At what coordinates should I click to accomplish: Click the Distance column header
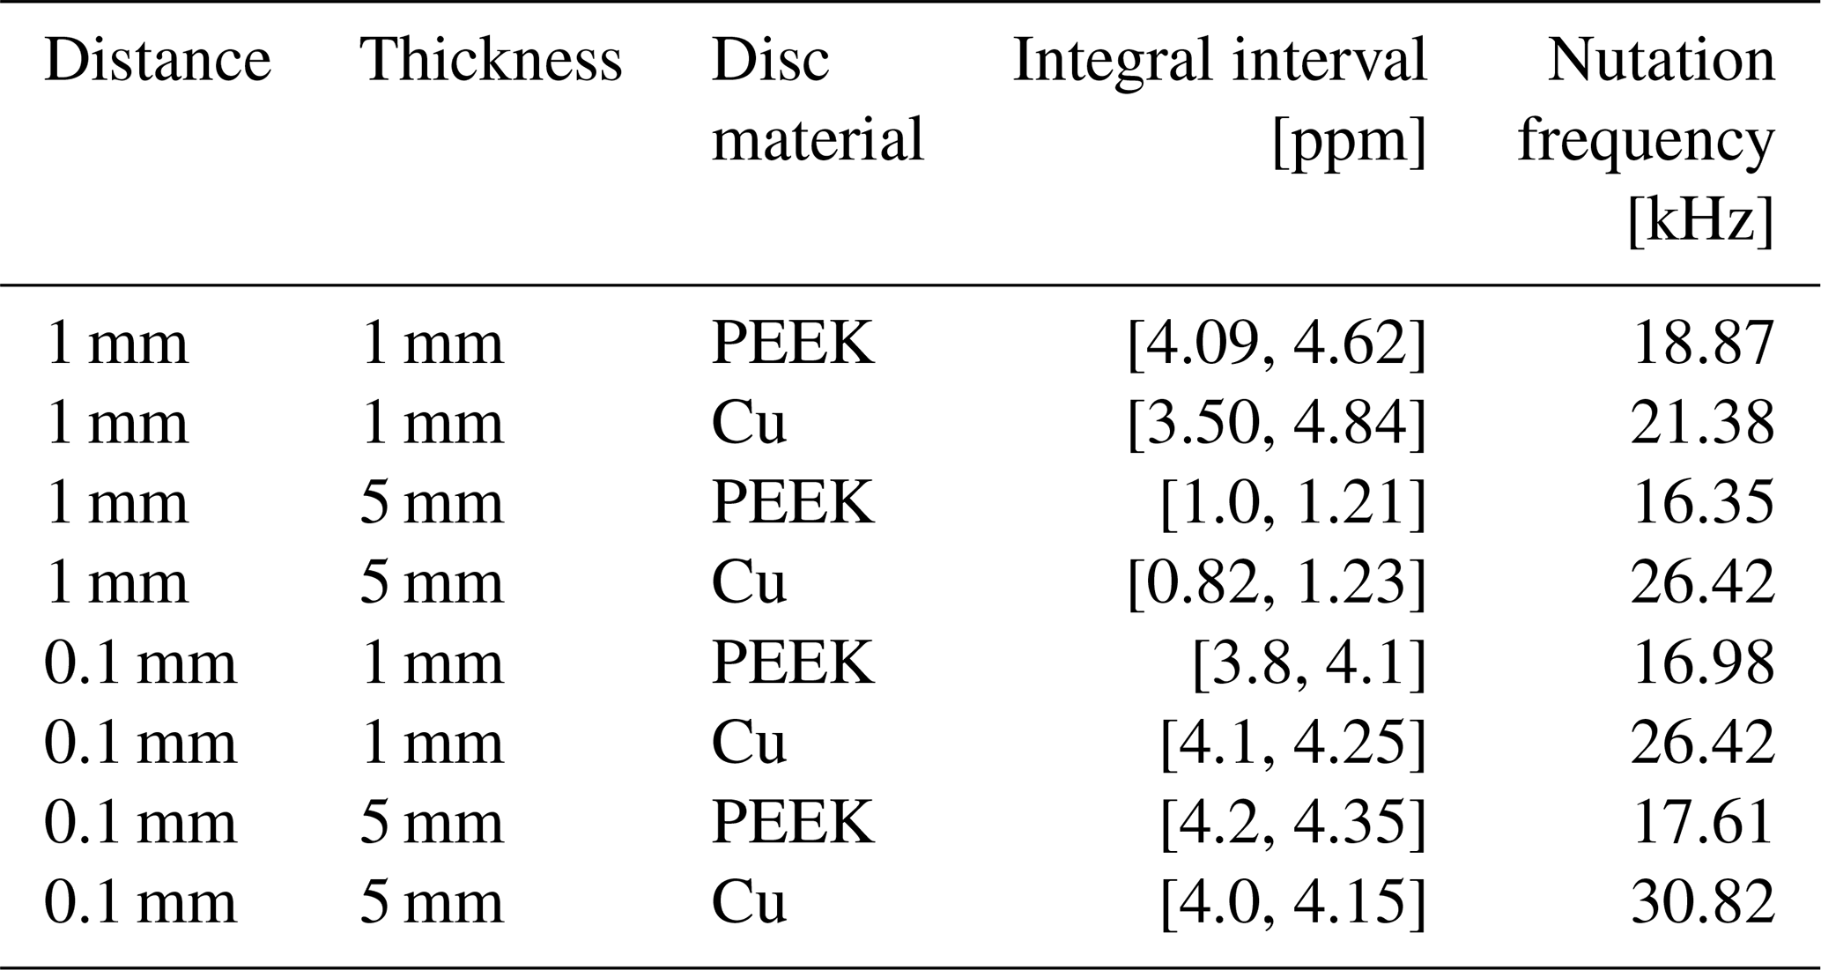pos(158,61)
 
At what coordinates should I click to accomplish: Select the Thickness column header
pos(491,61)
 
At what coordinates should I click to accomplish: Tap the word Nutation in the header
pos(1661,61)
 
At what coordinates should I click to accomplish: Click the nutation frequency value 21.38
pos(1702,423)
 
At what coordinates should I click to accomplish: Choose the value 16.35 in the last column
pos(1702,503)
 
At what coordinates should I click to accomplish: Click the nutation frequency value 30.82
pos(1702,903)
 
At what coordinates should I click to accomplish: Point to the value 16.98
pos(1702,663)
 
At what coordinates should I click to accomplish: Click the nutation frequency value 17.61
pos(1702,823)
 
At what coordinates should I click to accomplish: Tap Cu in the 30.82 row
pos(748,903)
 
